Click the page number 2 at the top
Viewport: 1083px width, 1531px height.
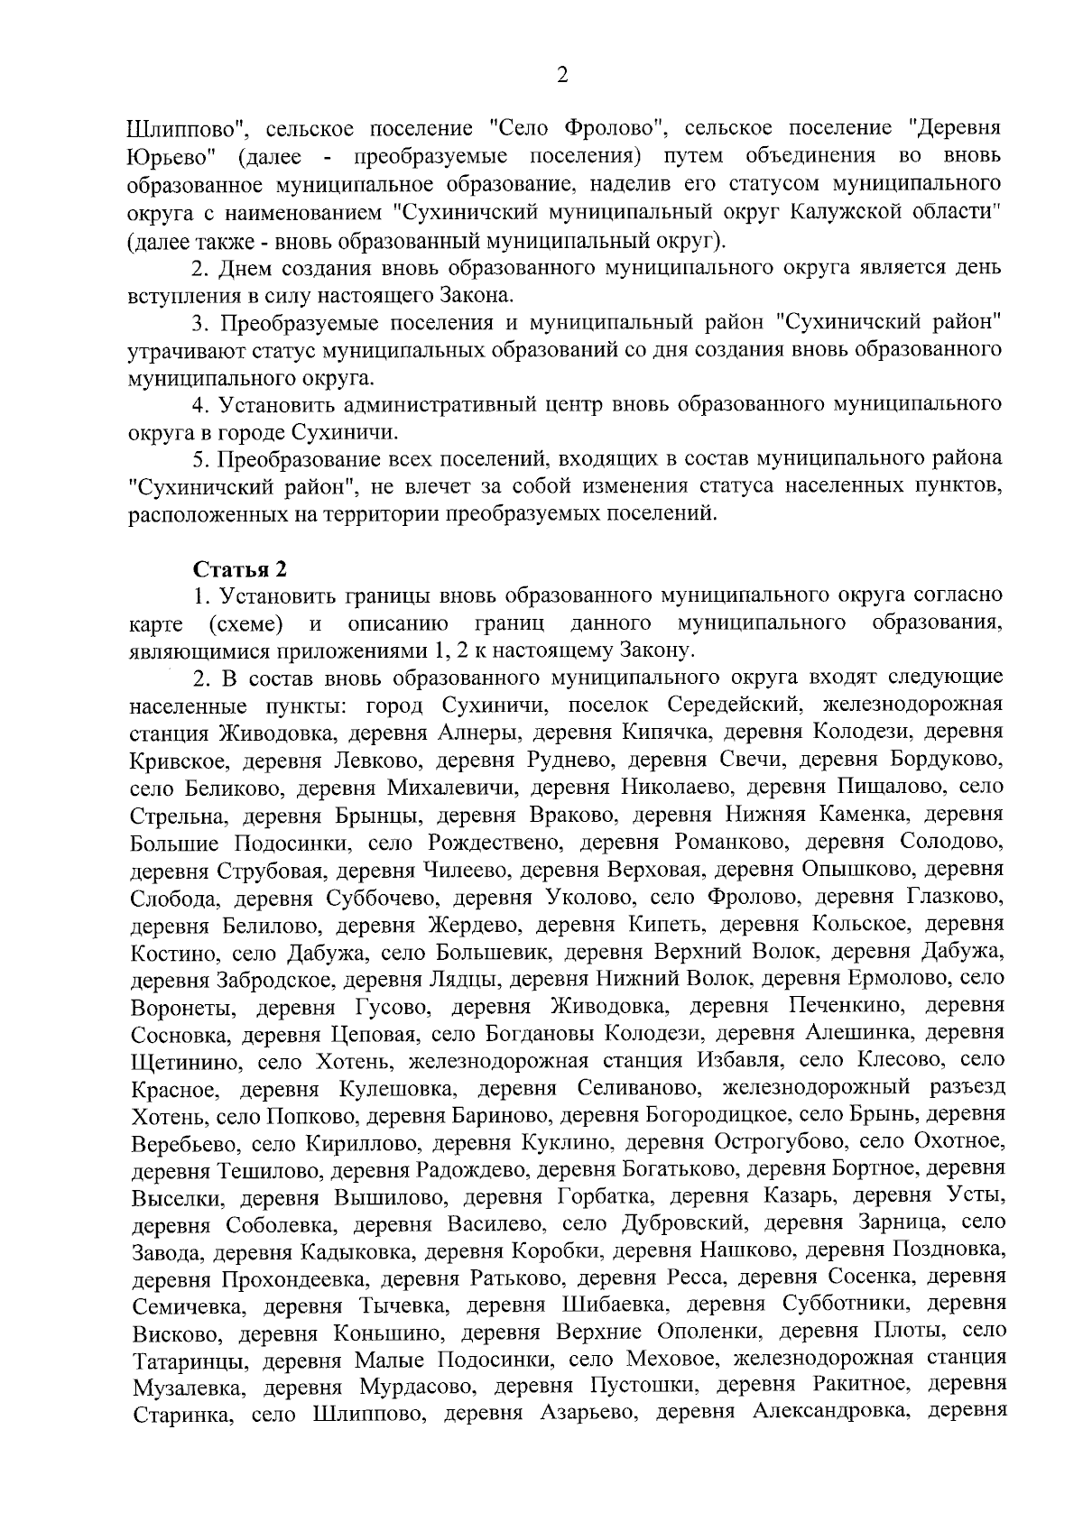(x=561, y=76)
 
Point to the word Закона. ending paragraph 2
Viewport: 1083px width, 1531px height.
(x=478, y=295)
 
